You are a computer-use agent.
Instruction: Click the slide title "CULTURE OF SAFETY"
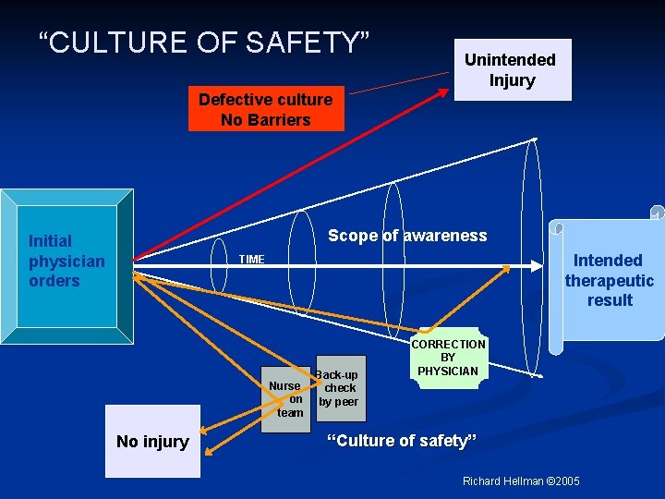pos(204,42)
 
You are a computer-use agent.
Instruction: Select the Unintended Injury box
pos(511,69)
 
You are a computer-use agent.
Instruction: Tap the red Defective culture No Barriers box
pos(266,110)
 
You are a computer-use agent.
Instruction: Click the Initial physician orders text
pos(66,261)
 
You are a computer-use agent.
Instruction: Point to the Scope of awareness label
pos(407,236)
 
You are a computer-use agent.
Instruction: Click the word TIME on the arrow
pos(251,260)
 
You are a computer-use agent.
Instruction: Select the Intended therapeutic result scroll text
pos(610,280)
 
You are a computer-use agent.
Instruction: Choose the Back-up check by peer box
pos(340,388)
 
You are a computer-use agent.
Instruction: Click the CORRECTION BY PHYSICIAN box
pos(448,358)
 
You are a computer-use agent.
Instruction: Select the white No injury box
pos(152,441)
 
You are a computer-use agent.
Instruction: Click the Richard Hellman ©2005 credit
pos(522,481)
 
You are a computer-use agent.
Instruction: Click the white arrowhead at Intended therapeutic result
pos(538,265)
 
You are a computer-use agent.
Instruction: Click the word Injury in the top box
pos(512,80)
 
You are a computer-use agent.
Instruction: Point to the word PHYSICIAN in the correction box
pos(448,371)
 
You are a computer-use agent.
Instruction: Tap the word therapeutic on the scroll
pos(610,281)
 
